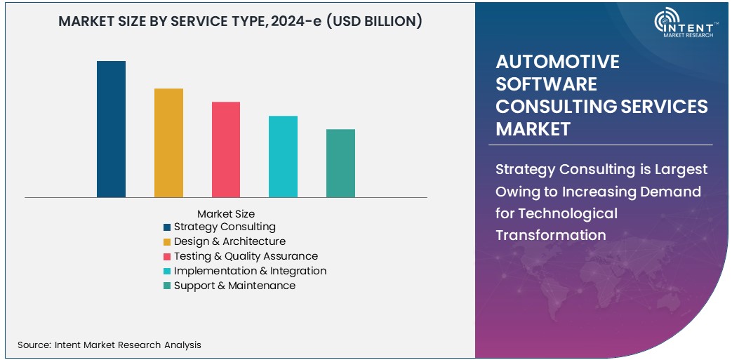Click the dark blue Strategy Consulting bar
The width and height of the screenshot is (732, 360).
point(111,129)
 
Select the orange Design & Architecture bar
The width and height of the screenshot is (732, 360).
point(168,142)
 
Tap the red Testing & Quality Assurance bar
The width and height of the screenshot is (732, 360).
point(226,149)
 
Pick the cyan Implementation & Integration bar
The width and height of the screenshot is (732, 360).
point(283,156)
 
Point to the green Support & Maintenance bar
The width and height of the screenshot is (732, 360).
point(340,163)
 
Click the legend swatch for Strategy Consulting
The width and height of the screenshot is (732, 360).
point(167,227)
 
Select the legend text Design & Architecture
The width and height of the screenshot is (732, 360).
point(229,241)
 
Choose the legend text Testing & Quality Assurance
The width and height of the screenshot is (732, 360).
point(246,256)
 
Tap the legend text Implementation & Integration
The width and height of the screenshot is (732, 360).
point(250,271)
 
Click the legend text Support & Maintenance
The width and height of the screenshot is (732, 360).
point(234,286)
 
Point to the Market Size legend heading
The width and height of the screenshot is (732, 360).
point(226,213)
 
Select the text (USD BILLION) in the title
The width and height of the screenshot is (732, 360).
point(374,22)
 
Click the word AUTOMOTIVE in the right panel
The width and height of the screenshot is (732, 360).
point(557,62)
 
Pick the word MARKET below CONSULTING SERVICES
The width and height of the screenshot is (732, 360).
point(533,129)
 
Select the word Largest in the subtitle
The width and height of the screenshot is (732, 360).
point(680,169)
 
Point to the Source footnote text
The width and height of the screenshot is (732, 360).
point(109,345)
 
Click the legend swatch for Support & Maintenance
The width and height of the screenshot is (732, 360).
point(167,286)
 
